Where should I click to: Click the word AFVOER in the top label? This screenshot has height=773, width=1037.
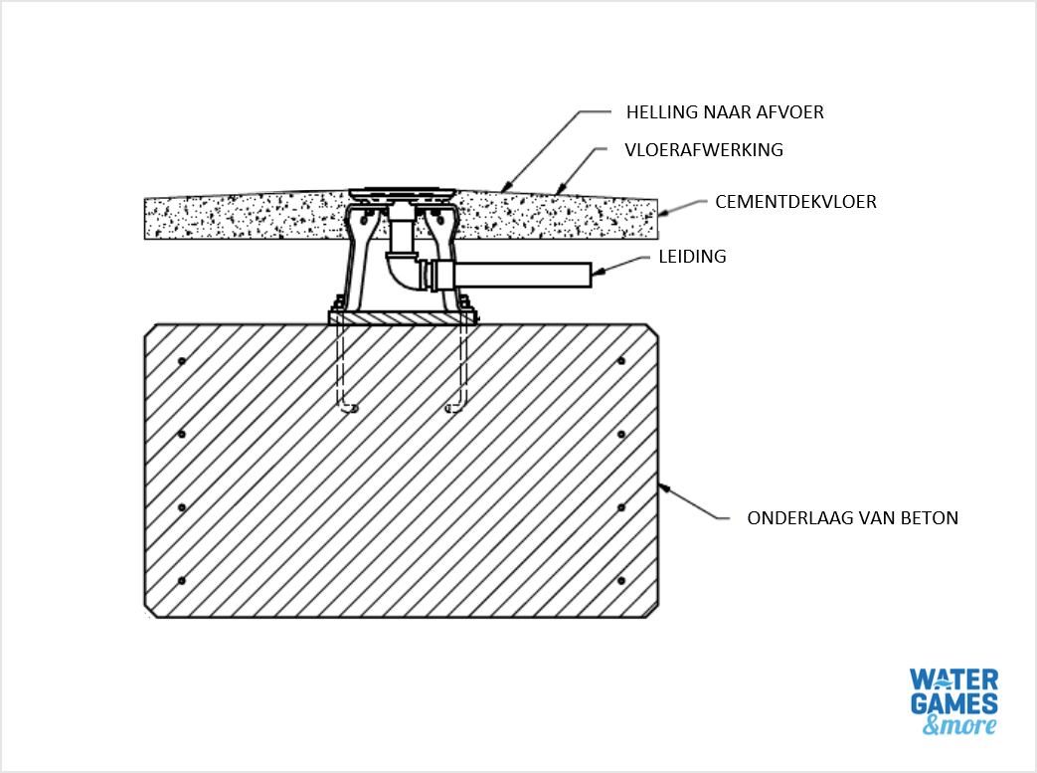(791, 112)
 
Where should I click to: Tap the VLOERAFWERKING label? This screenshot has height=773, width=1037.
(704, 150)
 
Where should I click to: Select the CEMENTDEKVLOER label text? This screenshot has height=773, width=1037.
(795, 202)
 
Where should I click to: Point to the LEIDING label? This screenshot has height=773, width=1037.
(692, 257)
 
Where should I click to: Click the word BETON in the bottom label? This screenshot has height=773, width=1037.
(932, 518)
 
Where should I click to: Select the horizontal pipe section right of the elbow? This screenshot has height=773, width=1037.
(517, 274)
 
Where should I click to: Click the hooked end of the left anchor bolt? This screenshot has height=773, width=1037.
(348, 407)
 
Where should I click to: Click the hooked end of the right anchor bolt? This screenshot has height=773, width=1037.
(453, 407)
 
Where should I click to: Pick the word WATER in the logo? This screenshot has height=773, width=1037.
(954, 680)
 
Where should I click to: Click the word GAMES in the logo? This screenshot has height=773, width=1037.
(954, 704)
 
